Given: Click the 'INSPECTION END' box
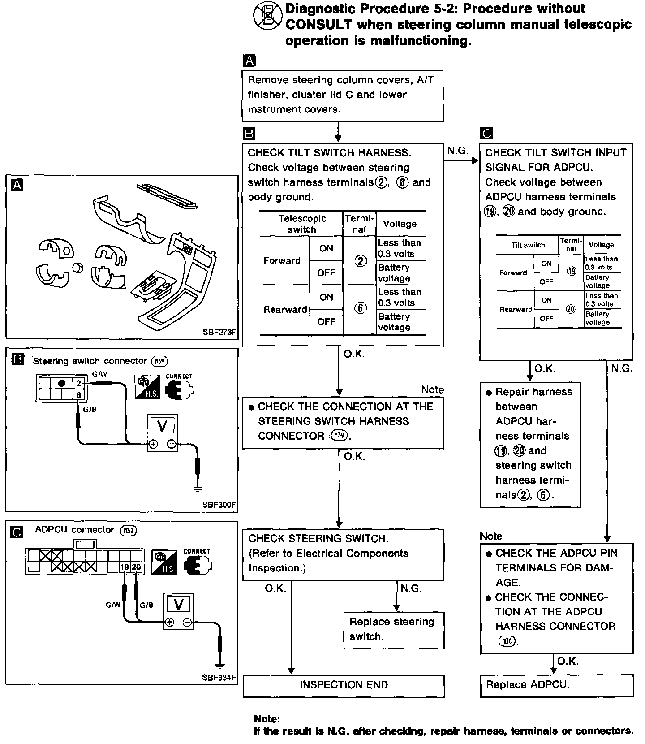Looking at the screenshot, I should pos(344,686).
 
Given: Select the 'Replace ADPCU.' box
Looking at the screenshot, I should pos(556,686).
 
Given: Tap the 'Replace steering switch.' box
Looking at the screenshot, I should pos(394,630).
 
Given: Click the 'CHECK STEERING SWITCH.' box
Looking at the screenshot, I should pos(343,554).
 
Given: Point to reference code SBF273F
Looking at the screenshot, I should pos(219,333).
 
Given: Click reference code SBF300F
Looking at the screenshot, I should pos(219,505).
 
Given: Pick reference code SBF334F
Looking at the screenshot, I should pos(219,678).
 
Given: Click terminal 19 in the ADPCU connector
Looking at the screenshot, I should pos(125,567).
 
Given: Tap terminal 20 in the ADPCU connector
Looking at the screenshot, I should pos(137,567).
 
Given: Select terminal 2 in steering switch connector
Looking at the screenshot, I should pos(79,383).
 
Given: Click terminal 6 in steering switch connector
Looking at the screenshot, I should pos(79,395).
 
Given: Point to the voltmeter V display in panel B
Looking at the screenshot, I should pos(163,425).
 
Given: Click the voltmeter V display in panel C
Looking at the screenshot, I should pos(178,605).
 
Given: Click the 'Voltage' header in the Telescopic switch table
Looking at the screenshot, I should pos(400,224).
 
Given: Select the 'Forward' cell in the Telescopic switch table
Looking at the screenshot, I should pos(282,261).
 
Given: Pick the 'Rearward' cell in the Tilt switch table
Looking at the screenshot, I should pos(516,309).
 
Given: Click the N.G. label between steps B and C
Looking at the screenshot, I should pos(457,151).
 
